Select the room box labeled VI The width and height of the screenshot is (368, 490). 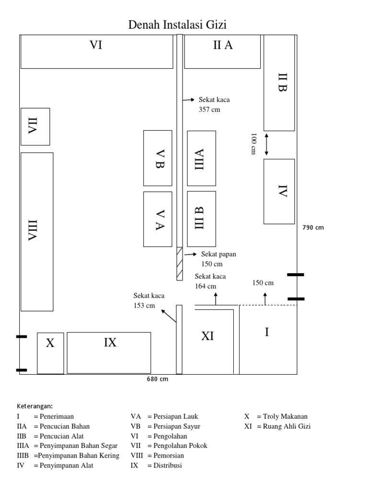[x=96, y=51]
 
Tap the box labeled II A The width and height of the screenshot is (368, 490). [x=222, y=51]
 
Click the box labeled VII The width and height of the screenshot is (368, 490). [x=35, y=127]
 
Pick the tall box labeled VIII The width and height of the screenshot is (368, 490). [x=36, y=232]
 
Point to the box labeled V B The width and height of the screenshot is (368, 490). [x=158, y=158]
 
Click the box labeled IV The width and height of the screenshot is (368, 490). [x=279, y=191]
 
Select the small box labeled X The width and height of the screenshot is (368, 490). [x=50, y=353]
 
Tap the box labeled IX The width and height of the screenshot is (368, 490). [x=109, y=353]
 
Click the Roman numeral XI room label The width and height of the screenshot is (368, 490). [x=207, y=336]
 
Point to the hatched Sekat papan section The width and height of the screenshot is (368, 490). [x=180, y=263]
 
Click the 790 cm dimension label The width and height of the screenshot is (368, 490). [x=313, y=228]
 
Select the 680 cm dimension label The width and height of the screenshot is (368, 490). [x=157, y=379]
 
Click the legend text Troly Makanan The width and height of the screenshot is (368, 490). [x=282, y=416]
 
